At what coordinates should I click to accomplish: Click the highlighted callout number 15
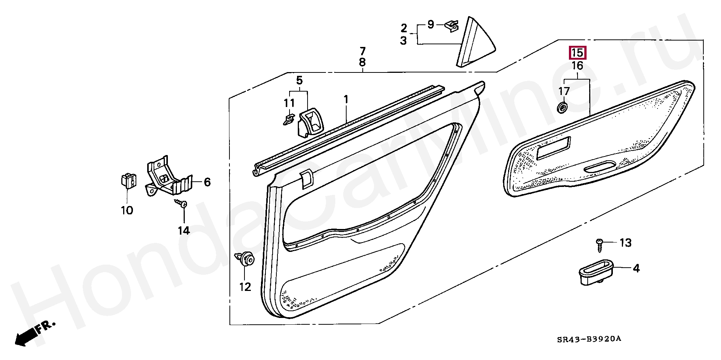pyautogui.click(x=578, y=53)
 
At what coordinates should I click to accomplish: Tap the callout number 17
pyautogui.click(x=564, y=91)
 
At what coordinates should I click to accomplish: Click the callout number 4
pyautogui.click(x=636, y=268)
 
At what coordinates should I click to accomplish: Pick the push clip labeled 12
pyautogui.click(x=246, y=259)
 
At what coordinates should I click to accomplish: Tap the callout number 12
pyautogui.click(x=245, y=287)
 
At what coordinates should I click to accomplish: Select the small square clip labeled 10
pyautogui.click(x=128, y=180)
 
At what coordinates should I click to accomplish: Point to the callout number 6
pyautogui.click(x=207, y=182)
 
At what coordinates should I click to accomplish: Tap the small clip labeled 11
pyautogui.click(x=288, y=120)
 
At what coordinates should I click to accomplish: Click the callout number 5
pyautogui.click(x=299, y=80)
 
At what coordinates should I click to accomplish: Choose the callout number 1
pyautogui.click(x=346, y=99)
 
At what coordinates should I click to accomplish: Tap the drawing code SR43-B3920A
pyautogui.click(x=589, y=339)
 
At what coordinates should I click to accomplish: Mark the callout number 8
pyautogui.click(x=362, y=62)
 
